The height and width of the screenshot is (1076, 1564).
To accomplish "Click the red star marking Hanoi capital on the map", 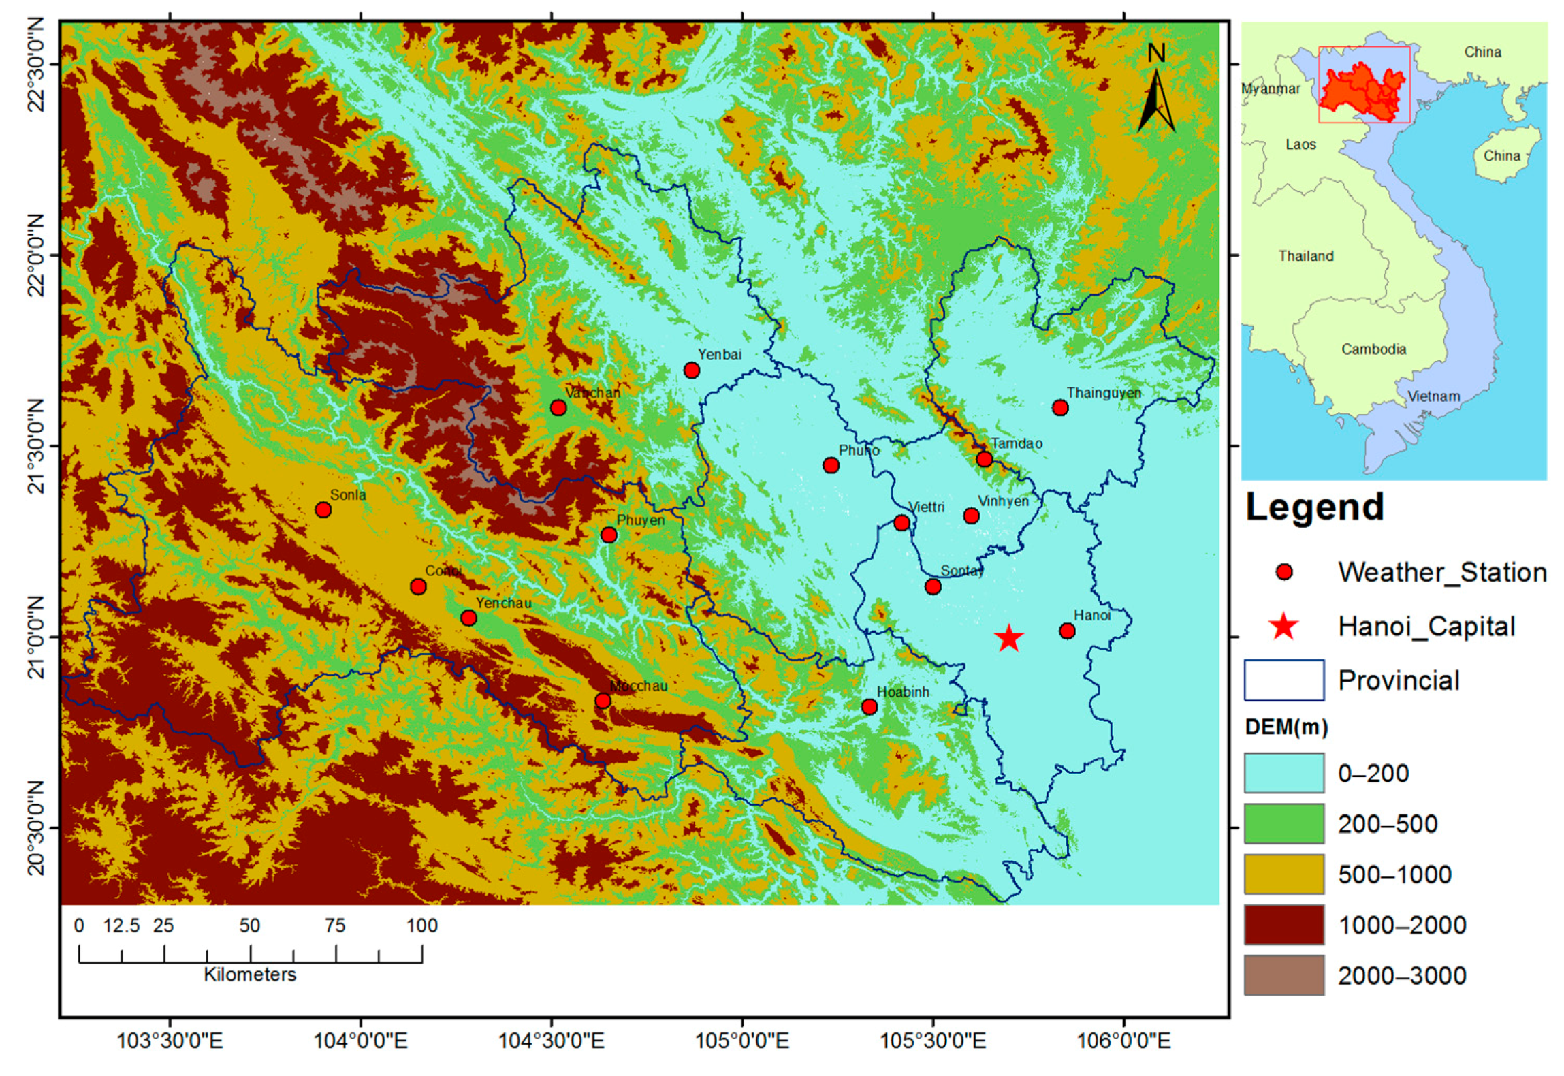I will point(1008,638).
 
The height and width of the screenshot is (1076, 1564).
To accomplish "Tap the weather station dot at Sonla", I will point(323,509).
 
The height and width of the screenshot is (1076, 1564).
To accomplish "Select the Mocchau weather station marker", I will point(603,701).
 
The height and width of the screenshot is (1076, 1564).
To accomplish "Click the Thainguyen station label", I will point(1103,393).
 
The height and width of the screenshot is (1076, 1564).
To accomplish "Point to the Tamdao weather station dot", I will point(984,459).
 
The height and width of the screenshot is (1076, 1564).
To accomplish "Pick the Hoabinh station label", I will point(902,692).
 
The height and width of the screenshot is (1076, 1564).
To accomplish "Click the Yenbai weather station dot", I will point(692,370).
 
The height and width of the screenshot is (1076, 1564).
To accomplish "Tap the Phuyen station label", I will point(640,520).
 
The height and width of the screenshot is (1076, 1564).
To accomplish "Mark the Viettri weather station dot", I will point(901,523).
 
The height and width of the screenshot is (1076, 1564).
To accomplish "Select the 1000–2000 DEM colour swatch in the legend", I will point(1283,924).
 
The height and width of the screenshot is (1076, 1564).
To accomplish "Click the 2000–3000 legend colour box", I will point(1283,975).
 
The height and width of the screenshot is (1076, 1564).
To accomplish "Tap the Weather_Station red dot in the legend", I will point(1284,572).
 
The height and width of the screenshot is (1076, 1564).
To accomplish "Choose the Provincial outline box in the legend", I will point(1283,680).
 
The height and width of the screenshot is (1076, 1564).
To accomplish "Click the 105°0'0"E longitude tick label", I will point(741,1041).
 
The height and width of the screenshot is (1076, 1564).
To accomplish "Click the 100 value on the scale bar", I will point(422,925).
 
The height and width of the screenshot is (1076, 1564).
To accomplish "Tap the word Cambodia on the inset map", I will point(1373,349).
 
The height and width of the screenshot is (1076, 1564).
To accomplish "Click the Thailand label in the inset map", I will point(1305,256).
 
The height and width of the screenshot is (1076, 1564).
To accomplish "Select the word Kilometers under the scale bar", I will point(250,975).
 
